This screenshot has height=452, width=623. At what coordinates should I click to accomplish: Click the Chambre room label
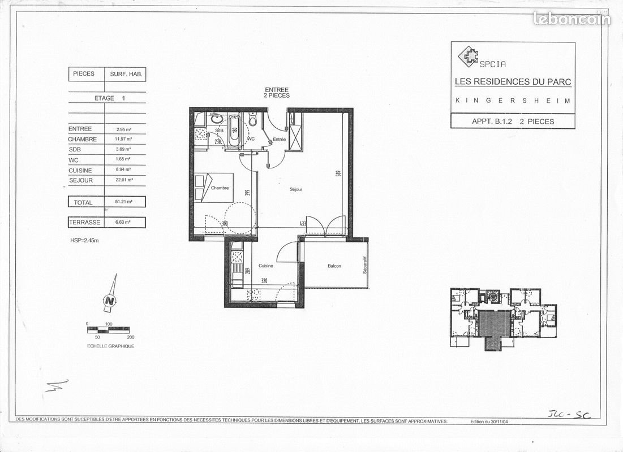220,188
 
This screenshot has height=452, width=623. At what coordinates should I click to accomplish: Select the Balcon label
334,266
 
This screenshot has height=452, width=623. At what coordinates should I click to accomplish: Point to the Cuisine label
266,266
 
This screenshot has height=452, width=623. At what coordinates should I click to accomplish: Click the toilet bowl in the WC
253,120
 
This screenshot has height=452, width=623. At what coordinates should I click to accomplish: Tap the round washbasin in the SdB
215,120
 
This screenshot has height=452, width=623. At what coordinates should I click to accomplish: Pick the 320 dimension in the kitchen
264,281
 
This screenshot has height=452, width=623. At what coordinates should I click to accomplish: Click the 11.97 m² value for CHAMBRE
124,139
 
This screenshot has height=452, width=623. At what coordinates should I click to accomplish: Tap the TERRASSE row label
85,223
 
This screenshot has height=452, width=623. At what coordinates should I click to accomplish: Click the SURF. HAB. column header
125,74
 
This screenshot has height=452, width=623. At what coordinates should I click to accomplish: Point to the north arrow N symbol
110,300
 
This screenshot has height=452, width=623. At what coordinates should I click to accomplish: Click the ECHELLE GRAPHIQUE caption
111,346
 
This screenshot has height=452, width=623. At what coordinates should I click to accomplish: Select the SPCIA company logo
469,56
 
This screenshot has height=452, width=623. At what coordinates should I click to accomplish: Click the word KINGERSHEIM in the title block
513,101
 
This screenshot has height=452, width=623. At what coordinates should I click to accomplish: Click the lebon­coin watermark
572,19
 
